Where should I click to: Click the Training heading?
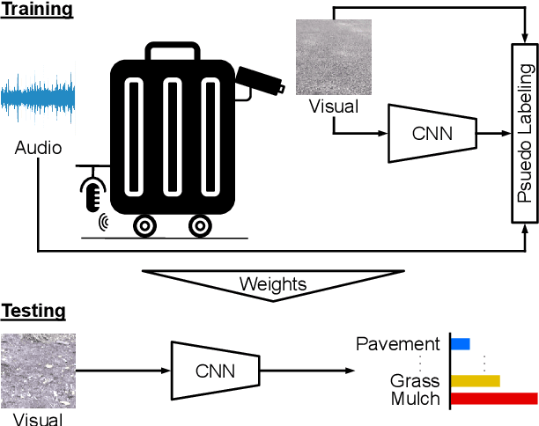[x=37, y=11]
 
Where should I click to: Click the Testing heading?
[x=33, y=311]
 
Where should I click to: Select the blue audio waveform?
[x=38, y=99]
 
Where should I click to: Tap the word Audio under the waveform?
[x=38, y=148]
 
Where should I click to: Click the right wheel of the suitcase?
[x=200, y=226]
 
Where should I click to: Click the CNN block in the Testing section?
[x=215, y=371]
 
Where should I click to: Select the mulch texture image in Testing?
[x=38, y=371]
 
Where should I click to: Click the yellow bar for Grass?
[x=476, y=381]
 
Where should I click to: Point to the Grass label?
[x=414, y=382]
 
